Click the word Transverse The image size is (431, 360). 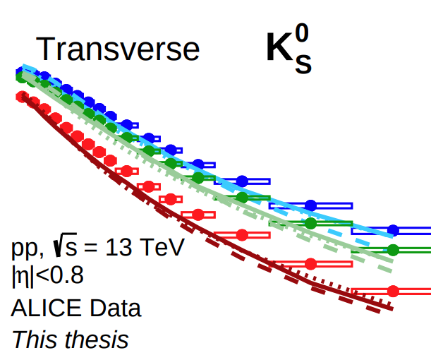click(117, 49)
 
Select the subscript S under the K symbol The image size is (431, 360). click(304, 64)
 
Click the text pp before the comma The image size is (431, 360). click(25, 249)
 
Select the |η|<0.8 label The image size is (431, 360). click(47, 275)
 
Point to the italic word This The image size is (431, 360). click(35, 340)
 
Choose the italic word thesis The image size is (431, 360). click(97, 340)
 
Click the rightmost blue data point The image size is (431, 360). click(394, 230)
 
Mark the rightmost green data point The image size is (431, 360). click(394, 249)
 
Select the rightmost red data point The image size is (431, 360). click(394, 290)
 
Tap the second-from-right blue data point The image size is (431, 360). click(310, 205)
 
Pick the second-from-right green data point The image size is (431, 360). click(310, 223)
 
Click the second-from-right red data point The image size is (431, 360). click(310, 263)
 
